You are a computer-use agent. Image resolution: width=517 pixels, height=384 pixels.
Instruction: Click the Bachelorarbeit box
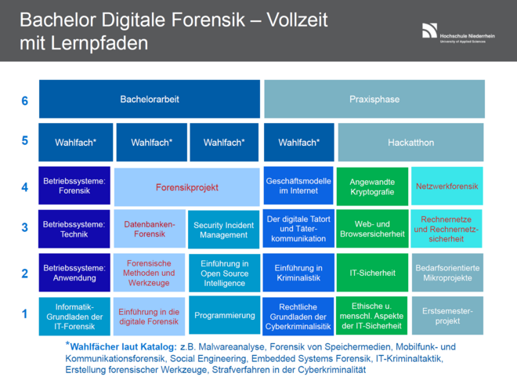point(149,100)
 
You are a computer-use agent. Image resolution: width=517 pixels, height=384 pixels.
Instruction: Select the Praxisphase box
point(374,100)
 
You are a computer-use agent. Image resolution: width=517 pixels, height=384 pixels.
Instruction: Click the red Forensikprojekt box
point(186,187)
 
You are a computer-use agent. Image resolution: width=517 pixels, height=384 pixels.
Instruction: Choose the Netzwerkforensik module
point(447,187)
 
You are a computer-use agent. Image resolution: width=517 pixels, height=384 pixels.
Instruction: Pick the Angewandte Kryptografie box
point(373,187)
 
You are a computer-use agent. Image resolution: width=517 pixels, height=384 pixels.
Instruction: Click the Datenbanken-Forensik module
point(150,229)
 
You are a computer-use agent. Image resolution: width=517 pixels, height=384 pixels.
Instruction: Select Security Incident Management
point(225,229)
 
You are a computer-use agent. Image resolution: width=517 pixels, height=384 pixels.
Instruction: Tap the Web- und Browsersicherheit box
point(373,229)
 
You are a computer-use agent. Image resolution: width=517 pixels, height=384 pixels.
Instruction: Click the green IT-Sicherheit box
point(373,273)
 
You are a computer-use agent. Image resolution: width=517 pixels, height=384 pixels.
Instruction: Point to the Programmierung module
point(225,315)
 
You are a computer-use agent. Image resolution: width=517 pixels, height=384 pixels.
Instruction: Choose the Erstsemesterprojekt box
point(447,315)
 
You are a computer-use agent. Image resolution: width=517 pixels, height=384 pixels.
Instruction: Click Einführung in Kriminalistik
point(298,273)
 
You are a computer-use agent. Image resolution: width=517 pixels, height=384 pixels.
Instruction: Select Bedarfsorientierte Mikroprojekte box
point(447,273)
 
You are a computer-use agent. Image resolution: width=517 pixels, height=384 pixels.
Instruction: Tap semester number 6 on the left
point(25,100)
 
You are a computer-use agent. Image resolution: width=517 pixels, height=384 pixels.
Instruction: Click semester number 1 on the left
point(25,314)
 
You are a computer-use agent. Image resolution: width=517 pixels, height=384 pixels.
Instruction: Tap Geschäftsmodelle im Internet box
point(298,187)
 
